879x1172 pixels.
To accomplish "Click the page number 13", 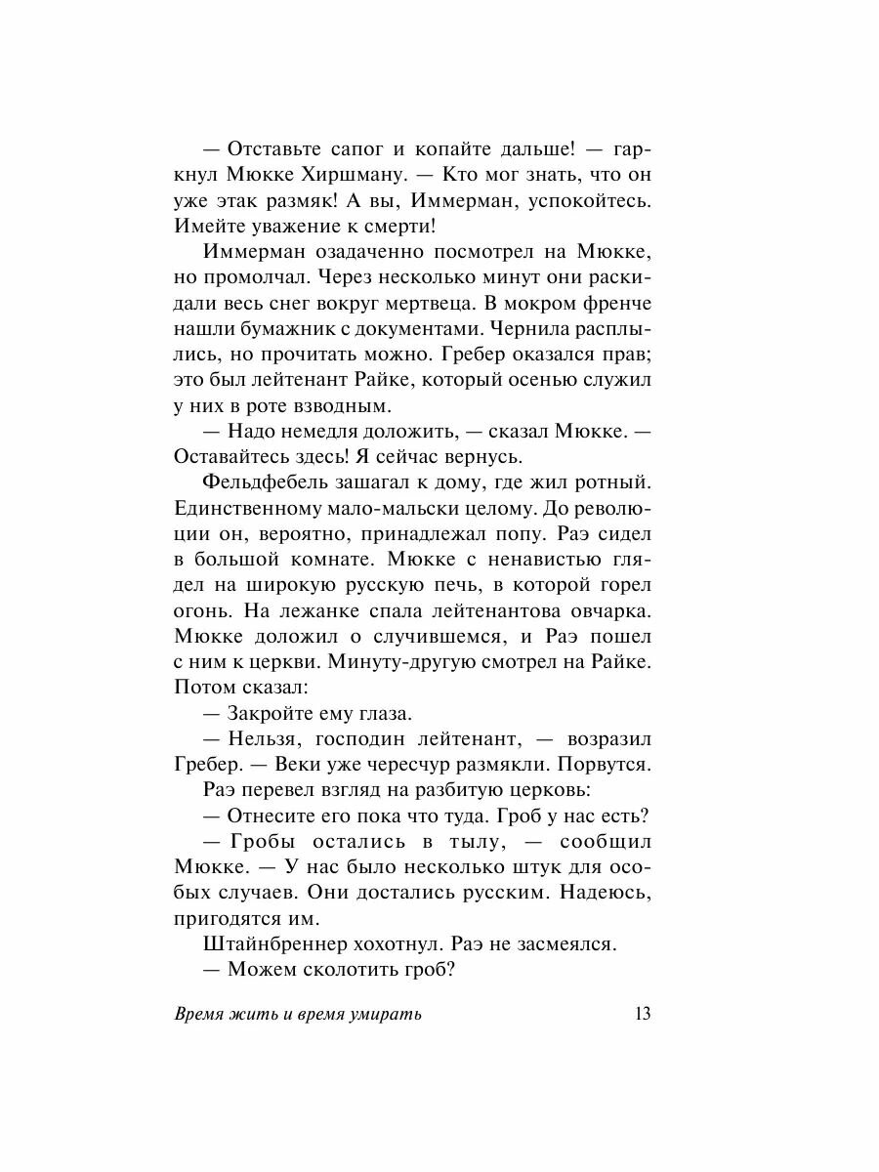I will (x=642, y=1014).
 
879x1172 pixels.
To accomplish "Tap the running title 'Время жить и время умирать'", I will (x=297, y=1014).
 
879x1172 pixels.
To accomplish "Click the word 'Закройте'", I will (x=268, y=711).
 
